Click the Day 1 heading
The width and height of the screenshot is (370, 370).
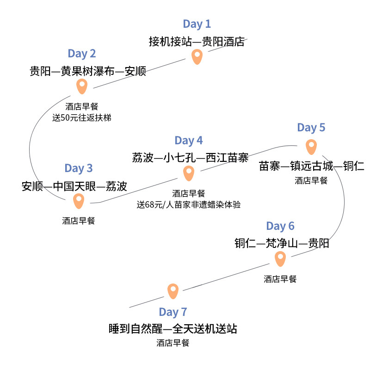(x=197, y=24)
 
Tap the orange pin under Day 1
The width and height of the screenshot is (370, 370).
(x=197, y=56)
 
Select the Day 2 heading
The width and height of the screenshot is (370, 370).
(x=82, y=54)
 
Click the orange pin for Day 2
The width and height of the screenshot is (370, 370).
(x=82, y=86)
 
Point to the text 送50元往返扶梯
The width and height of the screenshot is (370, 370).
(x=82, y=117)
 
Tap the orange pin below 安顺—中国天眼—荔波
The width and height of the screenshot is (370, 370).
(x=79, y=201)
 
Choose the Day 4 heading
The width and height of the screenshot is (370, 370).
(x=189, y=141)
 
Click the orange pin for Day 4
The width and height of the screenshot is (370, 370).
(x=189, y=173)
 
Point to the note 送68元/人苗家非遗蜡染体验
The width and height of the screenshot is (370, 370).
(x=189, y=204)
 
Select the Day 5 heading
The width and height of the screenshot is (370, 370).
(x=311, y=128)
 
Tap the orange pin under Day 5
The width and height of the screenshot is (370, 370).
(x=311, y=147)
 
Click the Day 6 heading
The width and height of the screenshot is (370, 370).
(x=280, y=226)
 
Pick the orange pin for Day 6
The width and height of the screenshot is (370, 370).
(x=280, y=259)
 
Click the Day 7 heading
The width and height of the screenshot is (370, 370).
(x=173, y=312)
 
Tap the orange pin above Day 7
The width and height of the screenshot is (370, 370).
(x=173, y=291)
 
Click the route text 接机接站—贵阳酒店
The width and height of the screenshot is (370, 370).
(x=197, y=42)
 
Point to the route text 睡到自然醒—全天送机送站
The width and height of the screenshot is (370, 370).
(x=173, y=329)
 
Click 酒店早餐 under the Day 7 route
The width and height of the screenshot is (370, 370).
(x=173, y=343)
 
